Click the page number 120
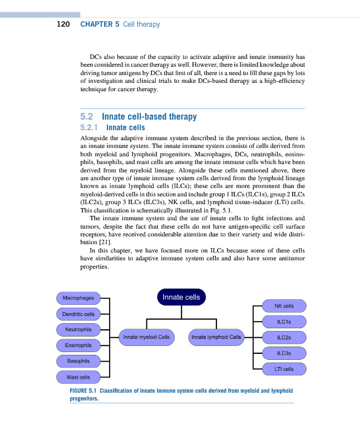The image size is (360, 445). pos(63,24)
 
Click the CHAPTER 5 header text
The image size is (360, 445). pos(100,24)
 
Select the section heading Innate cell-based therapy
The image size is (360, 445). pos(149,117)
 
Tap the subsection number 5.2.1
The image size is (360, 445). pos(90,127)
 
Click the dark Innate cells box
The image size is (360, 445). pos(181,297)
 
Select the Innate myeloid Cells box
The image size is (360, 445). pos(146,337)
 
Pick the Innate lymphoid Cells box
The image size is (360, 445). pos(216,337)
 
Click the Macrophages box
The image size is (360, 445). pos(78,298)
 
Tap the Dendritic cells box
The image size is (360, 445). pos(78,314)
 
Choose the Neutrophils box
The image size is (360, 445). pos(78,330)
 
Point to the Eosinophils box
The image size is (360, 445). pos(78,346)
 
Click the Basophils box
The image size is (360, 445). pos(78,362)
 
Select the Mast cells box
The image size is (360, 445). pos(78,378)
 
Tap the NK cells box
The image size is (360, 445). pos(284,306)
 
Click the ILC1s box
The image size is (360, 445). pos(284,322)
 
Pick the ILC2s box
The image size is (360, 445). pos(284,337)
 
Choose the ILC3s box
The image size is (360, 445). pos(284,353)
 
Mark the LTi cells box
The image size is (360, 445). pos(284,369)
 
